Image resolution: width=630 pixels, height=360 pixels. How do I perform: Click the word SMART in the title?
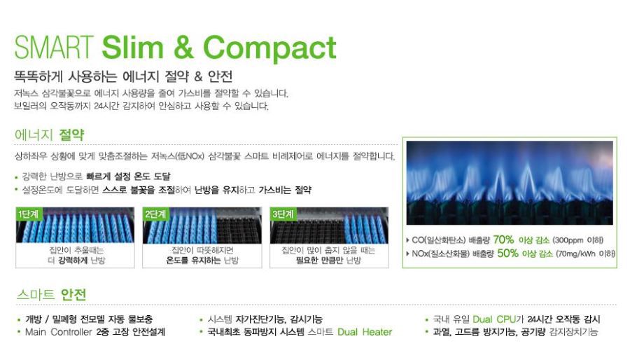(x=54, y=48)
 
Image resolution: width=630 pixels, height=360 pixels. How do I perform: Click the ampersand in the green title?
(x=183, y=48)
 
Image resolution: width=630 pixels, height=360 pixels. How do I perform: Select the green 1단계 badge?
(x=29, y=214)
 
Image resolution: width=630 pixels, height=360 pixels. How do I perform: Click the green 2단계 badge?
(x=155, y=214)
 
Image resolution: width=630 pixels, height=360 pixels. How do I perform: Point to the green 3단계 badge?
(x=283, y=214)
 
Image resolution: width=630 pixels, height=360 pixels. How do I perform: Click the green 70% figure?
(x=503, y=240)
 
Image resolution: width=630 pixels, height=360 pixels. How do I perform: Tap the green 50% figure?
(x=508, y=253)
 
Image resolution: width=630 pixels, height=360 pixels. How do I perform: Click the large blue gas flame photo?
(x=510, y=183)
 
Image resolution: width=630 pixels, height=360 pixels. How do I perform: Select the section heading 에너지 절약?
(x=50, y=134)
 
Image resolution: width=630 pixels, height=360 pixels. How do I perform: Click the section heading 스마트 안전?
(x=51, y=294)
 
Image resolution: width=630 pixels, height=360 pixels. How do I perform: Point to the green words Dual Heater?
(x=365, y=332)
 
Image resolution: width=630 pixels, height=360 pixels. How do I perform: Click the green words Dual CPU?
(x=494, y=319)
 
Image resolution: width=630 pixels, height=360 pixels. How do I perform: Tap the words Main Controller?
(x=59, y=332)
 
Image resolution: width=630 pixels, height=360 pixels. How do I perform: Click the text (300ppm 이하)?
(x=577, y=240)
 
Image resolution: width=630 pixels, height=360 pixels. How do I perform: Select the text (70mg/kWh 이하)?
(x=585, y=254)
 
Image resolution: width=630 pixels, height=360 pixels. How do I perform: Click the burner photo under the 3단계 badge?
(x=329, y=226)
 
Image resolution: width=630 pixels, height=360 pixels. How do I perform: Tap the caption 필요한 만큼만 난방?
(x=328, y=260)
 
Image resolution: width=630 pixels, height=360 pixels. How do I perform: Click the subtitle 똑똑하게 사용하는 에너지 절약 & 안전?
(x=123, y=76)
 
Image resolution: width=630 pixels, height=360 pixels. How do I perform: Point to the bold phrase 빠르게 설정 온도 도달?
(x=128, y=176)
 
